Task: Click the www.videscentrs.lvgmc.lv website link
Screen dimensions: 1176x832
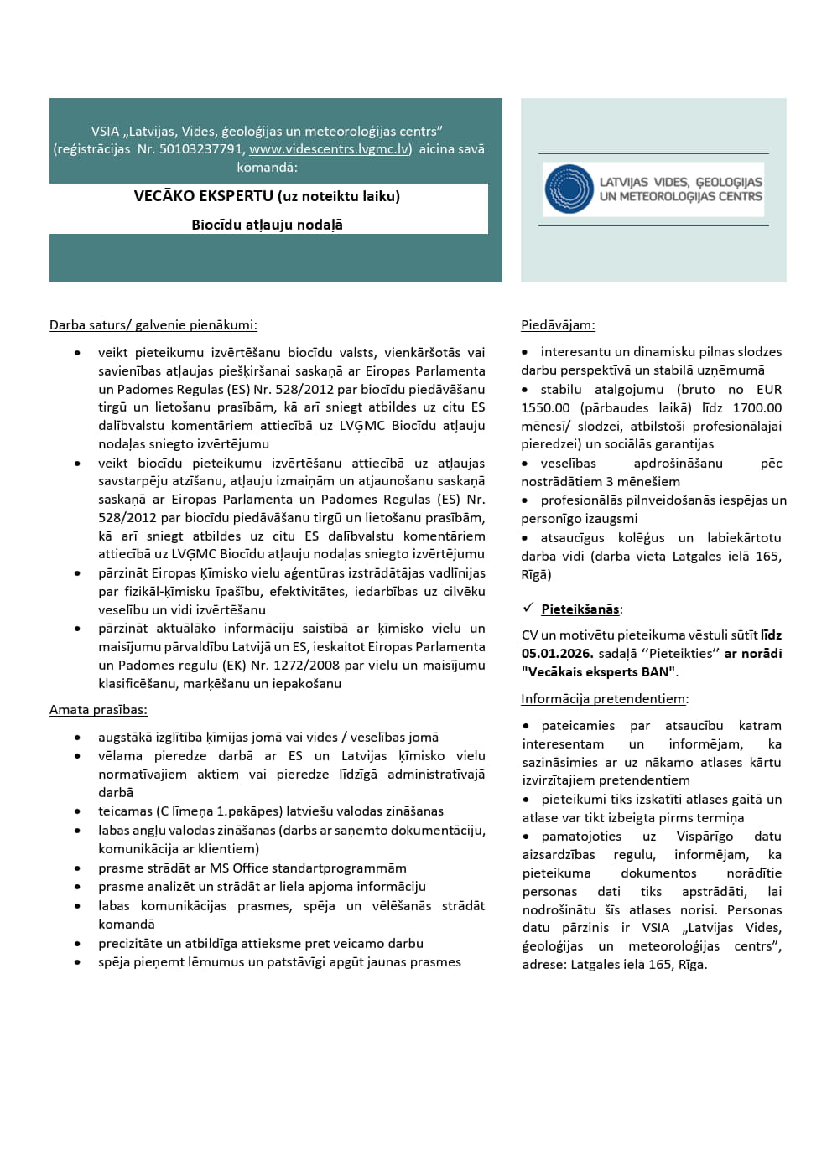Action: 330,149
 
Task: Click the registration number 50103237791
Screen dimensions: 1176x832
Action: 201,149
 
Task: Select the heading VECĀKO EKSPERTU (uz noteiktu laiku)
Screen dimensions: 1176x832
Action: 267,196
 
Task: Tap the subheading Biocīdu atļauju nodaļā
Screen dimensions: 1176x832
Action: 267,225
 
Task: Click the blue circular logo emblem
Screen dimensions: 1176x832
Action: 569,189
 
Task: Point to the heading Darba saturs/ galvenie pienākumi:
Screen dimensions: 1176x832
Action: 153,325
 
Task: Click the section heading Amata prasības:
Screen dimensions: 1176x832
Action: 98,710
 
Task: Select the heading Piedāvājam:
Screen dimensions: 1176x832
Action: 558,325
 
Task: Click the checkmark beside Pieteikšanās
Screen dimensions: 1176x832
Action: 528,608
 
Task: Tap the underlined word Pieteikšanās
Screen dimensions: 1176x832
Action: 580,609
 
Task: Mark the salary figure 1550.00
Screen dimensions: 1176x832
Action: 545,408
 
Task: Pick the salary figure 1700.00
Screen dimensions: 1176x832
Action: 757,408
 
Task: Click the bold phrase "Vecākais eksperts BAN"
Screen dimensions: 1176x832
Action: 599,672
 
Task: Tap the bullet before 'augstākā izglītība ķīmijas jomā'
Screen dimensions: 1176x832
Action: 78,738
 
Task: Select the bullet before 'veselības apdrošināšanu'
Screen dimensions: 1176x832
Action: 525,464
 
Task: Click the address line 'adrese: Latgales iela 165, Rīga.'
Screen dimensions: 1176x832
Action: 614,965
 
